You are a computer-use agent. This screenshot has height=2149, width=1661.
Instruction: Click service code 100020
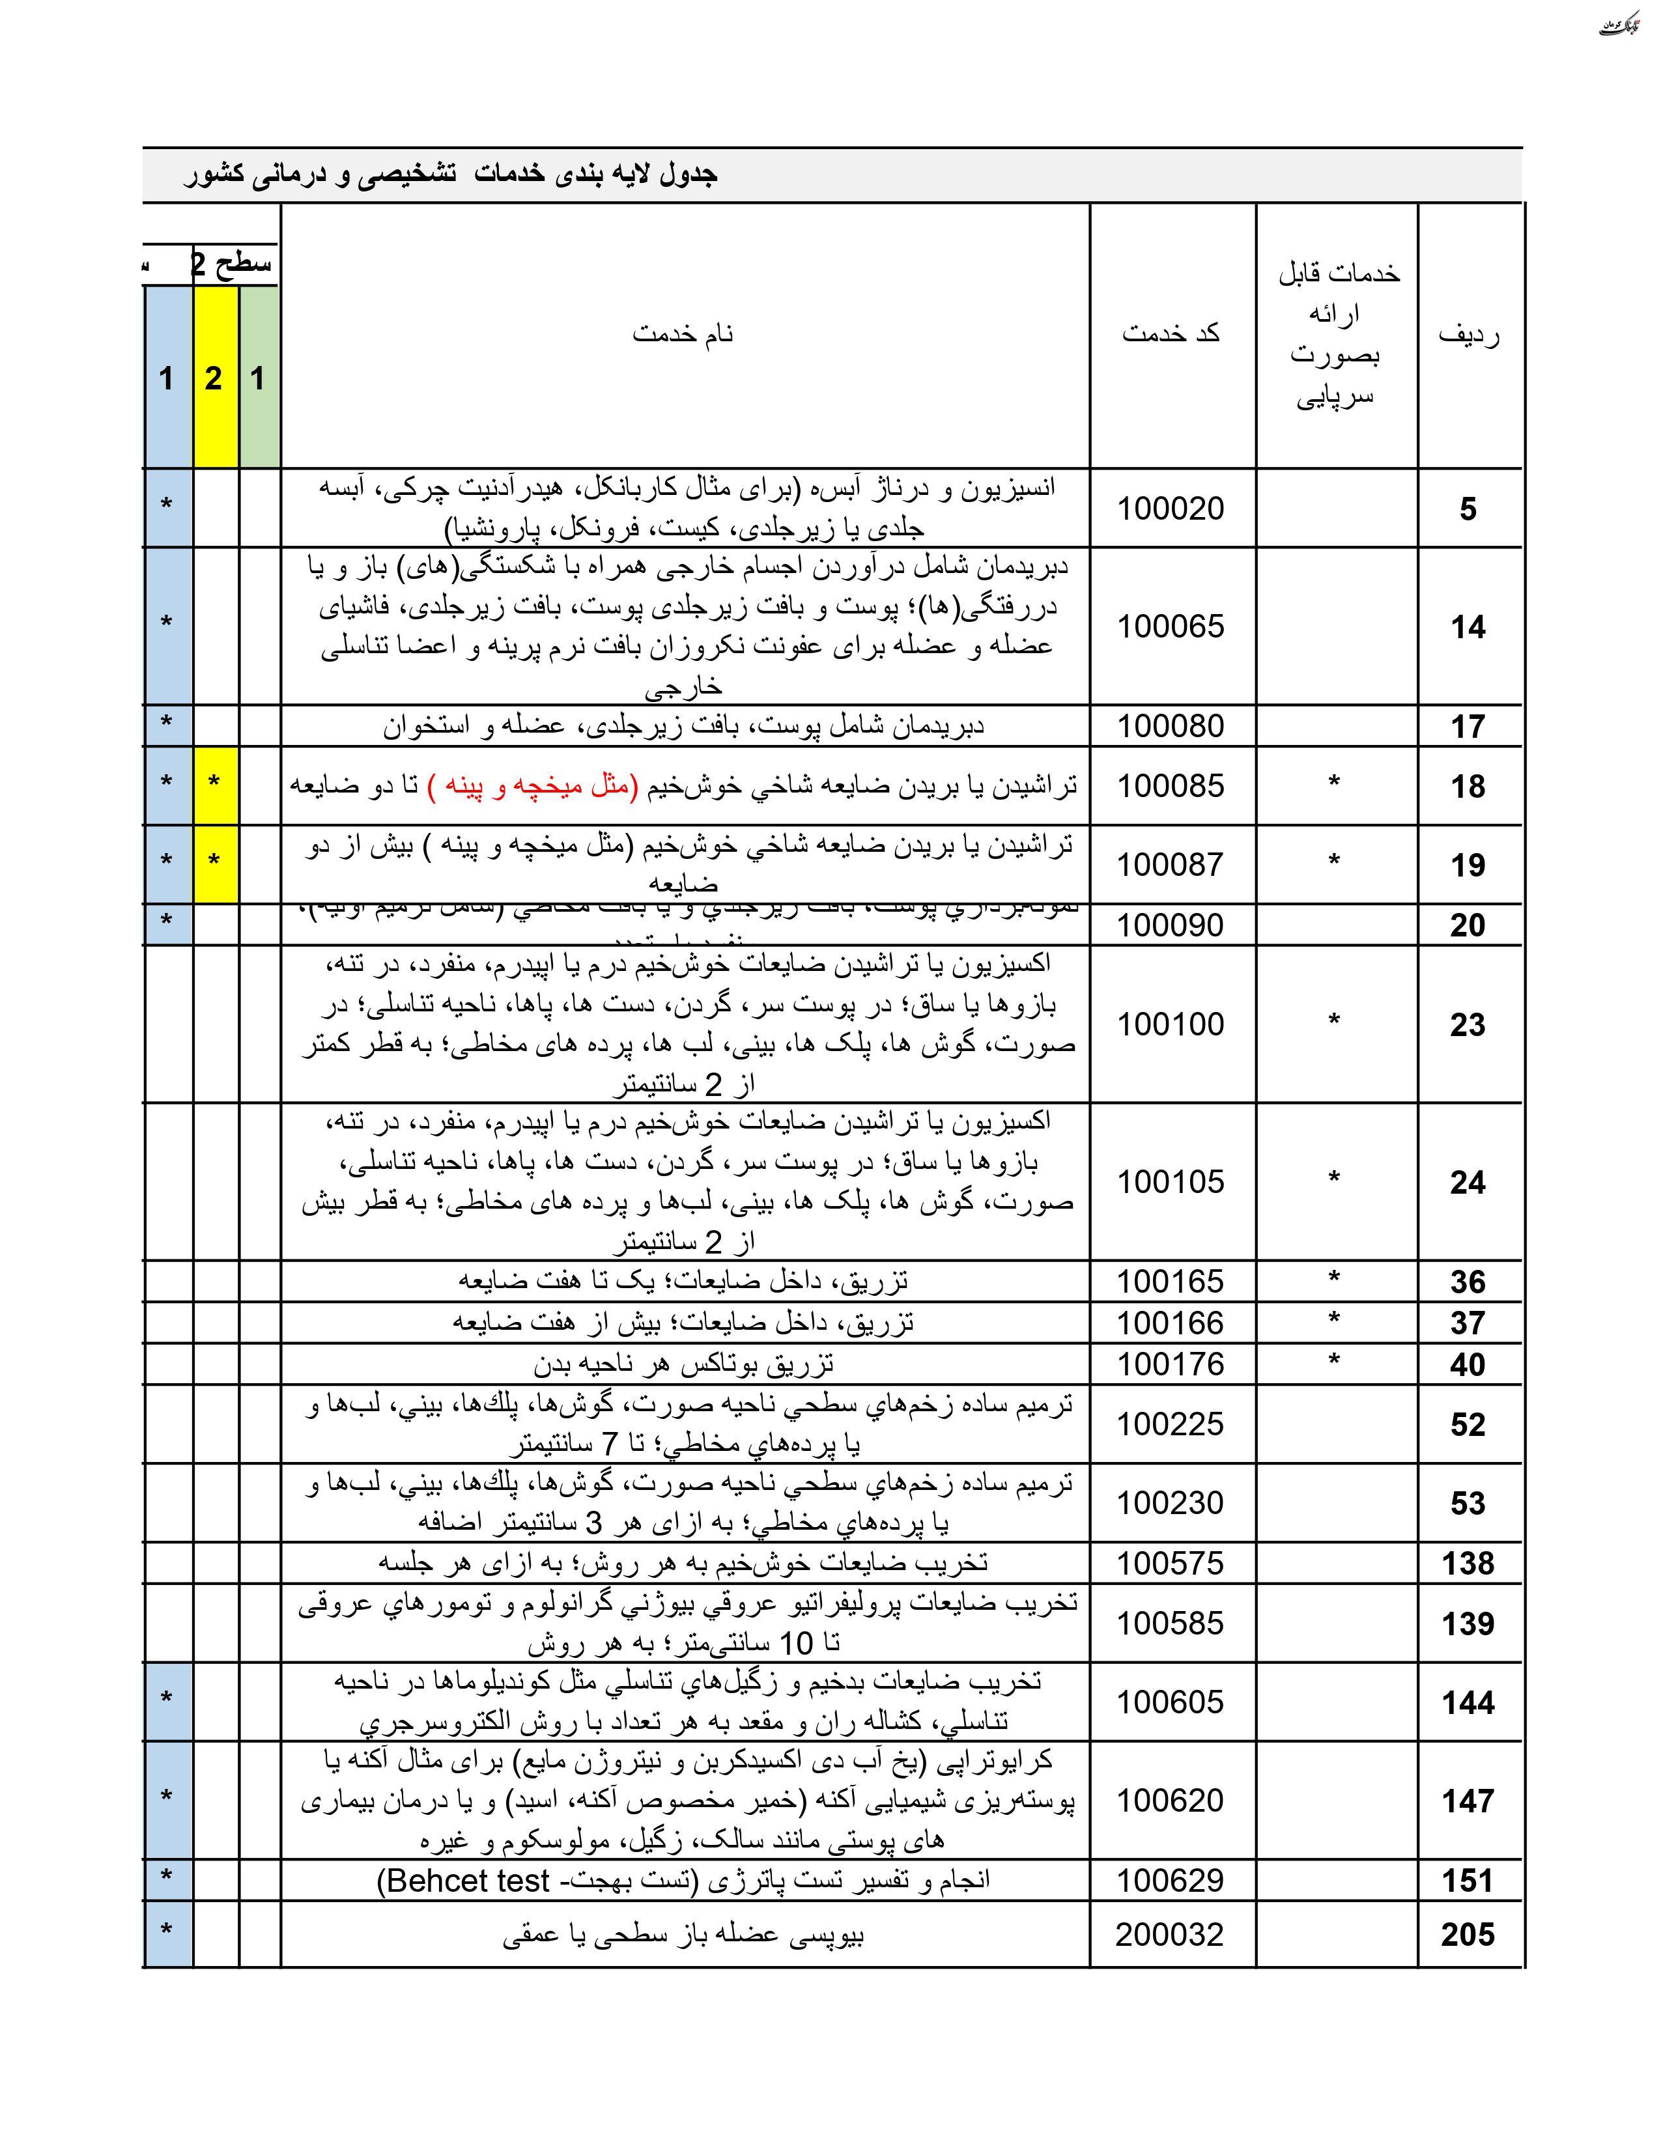click(1170, 509)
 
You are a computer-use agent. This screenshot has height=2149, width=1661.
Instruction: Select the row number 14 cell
click(1467, 626)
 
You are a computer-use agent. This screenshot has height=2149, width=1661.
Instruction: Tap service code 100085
click(1170, 785)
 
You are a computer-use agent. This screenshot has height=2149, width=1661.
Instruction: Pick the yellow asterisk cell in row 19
click(214, 863)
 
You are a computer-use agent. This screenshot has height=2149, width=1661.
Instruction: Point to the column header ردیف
click(1468, 335)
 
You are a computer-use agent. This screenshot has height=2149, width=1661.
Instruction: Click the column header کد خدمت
click(1170, 333)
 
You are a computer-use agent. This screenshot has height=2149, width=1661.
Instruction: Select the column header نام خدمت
click(683, 333)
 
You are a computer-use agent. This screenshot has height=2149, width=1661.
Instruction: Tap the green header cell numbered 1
click(258, 378)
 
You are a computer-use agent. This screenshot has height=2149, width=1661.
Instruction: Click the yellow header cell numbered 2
click(214, 378)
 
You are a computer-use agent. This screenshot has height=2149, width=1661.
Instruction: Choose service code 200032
click(1169, 1935)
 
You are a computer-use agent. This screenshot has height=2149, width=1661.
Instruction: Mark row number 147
click(1467, 1801)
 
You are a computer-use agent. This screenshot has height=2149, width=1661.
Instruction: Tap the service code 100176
click(1170, 1364)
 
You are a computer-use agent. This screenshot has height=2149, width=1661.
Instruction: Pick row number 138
click(1467, 1562)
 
